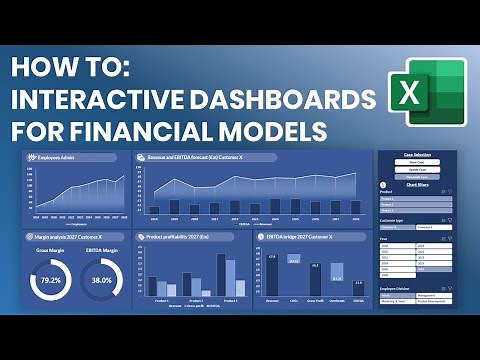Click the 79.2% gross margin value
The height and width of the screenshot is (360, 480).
tap(50, 280)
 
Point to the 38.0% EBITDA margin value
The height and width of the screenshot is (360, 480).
tap(101, 280)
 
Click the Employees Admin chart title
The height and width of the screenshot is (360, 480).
tap(56, 158)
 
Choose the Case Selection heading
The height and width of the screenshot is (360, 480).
tap(415, 155)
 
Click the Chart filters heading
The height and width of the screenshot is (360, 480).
tap(415, 185)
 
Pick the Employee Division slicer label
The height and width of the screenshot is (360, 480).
tap(398, 287)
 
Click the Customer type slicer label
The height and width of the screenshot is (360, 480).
tap(393, 219)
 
